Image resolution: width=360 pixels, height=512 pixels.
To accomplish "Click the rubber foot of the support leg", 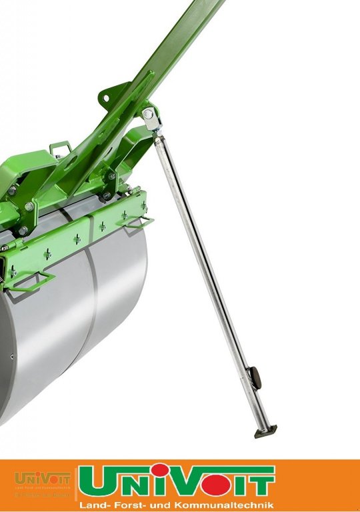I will click(264, 432).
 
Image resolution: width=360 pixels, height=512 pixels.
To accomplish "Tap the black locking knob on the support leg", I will click(255, 377).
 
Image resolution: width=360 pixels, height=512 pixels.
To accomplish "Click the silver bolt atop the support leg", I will click(147, 114).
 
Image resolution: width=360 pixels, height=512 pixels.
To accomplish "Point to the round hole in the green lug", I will click(105, 97).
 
